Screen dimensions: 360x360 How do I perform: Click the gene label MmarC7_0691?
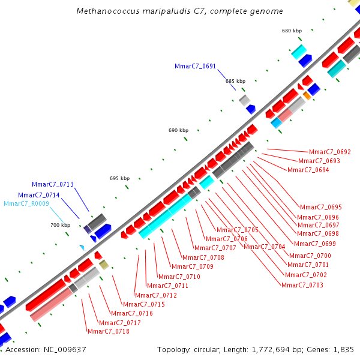click(195, 67)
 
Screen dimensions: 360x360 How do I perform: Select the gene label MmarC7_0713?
click(53, 185)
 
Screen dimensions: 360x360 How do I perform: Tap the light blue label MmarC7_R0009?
click(26, 204)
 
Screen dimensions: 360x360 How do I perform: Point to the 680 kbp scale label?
click(292, 31)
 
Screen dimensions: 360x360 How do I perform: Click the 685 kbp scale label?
click(235, 81)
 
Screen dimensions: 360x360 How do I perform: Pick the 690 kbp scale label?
click(178, 130)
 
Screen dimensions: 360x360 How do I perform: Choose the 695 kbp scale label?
click(119, 178)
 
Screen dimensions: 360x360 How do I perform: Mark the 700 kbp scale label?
click(60, 225)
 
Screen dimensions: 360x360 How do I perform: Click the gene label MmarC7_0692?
click(329, 152)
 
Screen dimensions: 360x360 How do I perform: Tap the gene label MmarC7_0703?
click(302, 285)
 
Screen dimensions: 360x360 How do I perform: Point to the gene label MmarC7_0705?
click(238, 230)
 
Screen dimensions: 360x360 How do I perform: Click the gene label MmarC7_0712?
click(156, 295)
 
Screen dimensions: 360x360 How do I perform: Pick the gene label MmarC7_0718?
click(109, 331)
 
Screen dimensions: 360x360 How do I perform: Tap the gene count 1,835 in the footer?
click(343, 349)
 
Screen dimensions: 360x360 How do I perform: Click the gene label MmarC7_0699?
click(315, 244)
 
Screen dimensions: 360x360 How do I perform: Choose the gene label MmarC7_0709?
click(193, 266)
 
